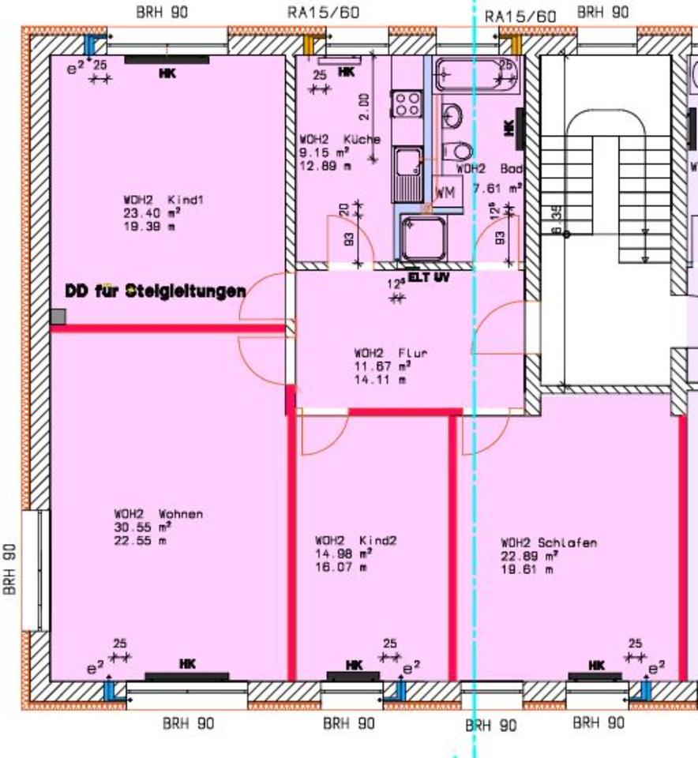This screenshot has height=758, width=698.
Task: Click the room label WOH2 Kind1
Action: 163,201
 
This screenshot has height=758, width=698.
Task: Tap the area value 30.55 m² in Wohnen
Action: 143,527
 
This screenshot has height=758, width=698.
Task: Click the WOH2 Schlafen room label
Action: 549,543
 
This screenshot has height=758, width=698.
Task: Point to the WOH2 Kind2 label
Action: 355,541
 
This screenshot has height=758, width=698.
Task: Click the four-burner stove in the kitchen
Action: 407,103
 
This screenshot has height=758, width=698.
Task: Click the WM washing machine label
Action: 445,193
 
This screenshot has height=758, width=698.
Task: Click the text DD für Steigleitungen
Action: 155,291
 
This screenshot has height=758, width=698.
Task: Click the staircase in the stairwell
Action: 605,197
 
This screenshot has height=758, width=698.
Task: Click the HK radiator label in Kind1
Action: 167,73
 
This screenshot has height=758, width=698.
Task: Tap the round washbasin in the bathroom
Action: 452,117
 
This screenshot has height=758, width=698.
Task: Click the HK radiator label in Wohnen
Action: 187,662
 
